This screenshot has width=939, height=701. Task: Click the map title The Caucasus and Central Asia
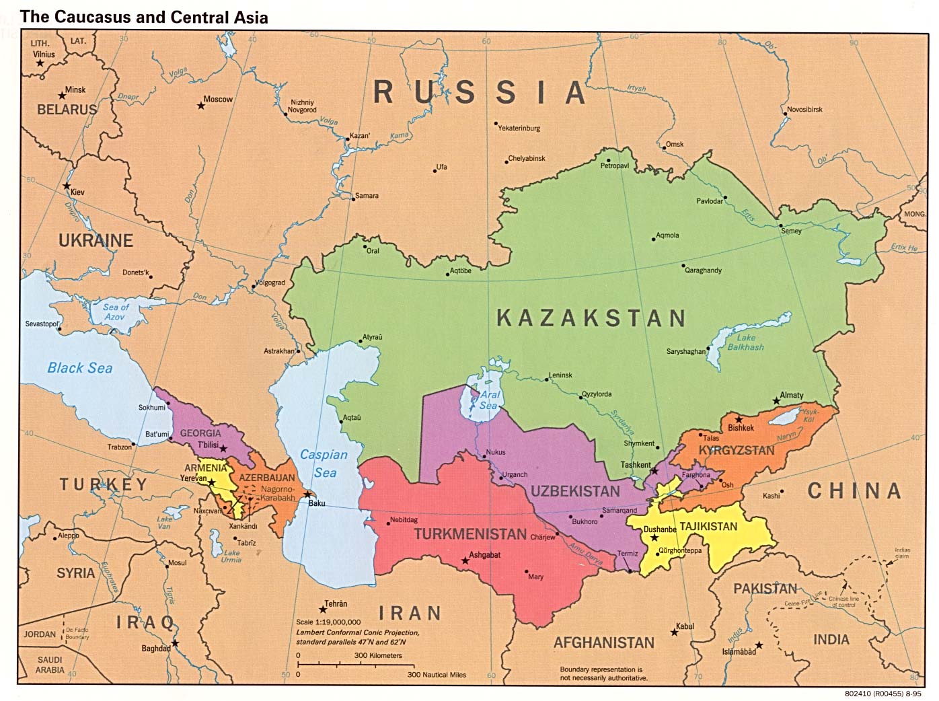click(144, 17)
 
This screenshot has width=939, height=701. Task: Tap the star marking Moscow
click(200, 106)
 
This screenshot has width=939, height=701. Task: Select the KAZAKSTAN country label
click(591, 318)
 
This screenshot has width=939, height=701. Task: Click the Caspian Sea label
click(324, 464)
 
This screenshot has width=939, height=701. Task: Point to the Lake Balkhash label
click(746, 342)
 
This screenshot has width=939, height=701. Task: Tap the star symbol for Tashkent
click(654, 471)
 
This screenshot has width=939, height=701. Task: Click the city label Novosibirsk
click(804, 110)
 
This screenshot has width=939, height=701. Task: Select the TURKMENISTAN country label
click(470, 534)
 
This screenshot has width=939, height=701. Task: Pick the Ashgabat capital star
click(464, 560)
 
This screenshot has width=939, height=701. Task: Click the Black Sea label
click(79, 368)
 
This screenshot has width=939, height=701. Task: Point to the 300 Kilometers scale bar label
click(378, 655)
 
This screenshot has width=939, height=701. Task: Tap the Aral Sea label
click(489, 401)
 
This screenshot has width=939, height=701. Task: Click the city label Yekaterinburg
click(519, 128)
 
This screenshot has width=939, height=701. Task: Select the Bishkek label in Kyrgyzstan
click(741, 428)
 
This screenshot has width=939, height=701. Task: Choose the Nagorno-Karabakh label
click(277, 494)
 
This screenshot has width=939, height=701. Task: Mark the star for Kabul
click(674, 632)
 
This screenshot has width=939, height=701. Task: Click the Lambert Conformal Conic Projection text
click(357, 632)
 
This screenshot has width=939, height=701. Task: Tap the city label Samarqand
click(619, 511)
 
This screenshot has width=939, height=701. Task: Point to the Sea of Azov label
click(115, 311)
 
